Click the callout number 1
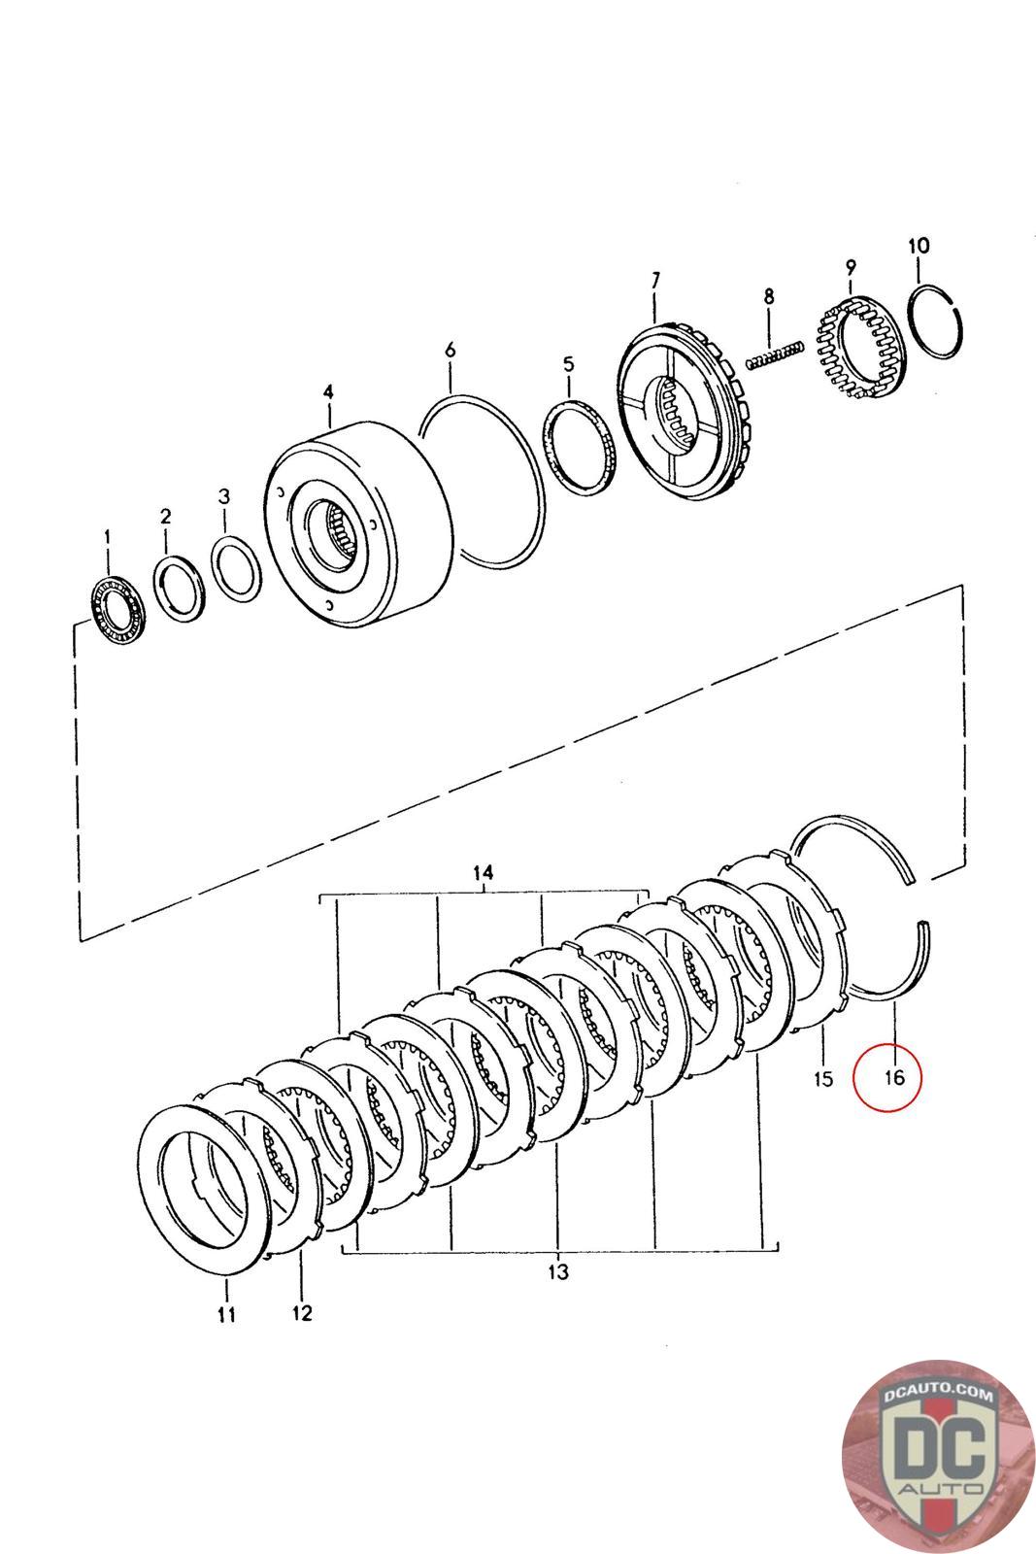tap(108, 535)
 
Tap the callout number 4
tap(328, 391)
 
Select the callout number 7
tap(654, 281)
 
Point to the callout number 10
tap(918, 245)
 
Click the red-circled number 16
tap(894, 1076)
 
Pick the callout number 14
tap(484, 873)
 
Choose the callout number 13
tap(558, 1271)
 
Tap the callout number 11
tap(226, 1315)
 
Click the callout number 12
tap(301, 1313)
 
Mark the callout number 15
tap(823, 1078)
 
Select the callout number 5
tap(568, 364)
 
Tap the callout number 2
tap(165, 515)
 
